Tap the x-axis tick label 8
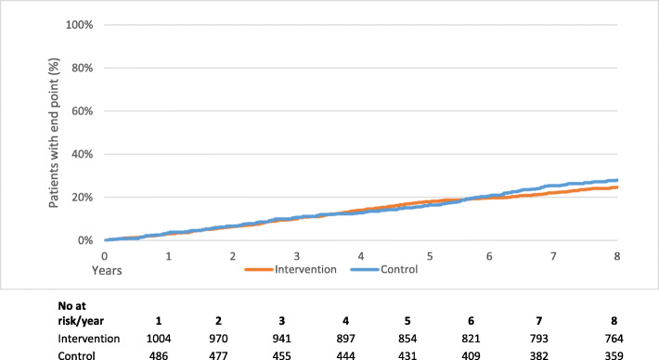(x=617, y=254)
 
